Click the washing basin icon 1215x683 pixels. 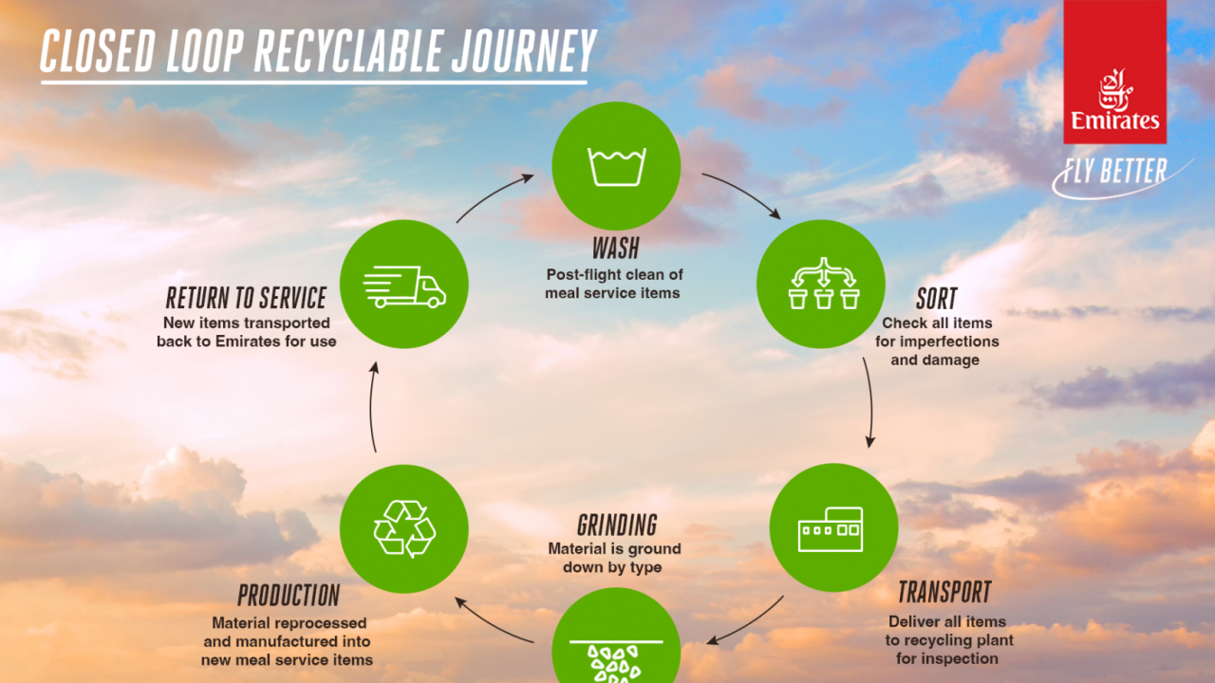616,166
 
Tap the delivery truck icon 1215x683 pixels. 404,286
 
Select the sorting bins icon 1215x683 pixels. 823,284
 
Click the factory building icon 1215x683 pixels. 831,529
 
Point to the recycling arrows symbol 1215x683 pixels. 404,528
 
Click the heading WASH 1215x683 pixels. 616,249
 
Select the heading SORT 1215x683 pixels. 937,298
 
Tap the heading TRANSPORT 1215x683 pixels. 944,591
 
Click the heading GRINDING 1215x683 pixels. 617,525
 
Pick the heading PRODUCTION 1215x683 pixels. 289,595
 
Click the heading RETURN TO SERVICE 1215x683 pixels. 246,298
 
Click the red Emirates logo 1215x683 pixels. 1114,71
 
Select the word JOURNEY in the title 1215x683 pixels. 524,51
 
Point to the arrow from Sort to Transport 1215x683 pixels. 870,402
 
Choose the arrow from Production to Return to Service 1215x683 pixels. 371,407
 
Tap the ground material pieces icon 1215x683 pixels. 615,661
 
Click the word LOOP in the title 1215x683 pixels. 205,51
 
